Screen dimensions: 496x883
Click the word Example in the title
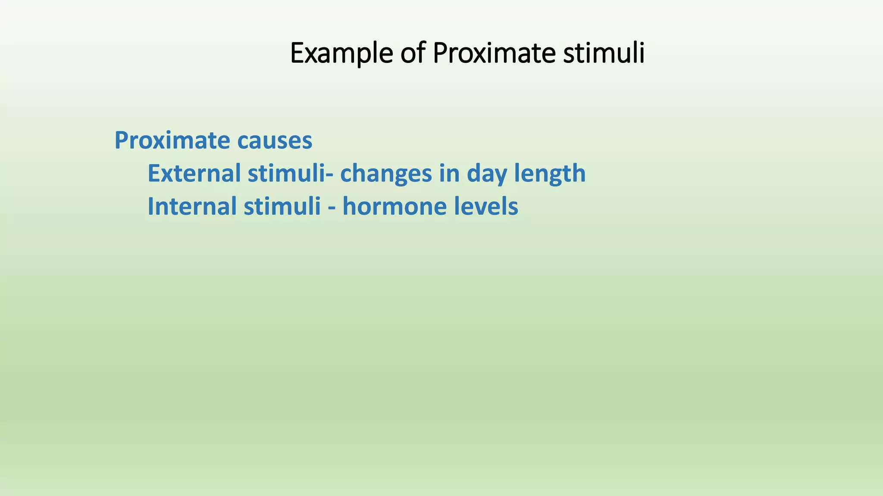point(341,53)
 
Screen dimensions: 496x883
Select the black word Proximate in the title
point(494,53)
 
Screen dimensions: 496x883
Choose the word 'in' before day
point(449,173)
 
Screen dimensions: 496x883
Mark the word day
point(487,174)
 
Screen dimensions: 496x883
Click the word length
point(550,174)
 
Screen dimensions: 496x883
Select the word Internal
point(192,206)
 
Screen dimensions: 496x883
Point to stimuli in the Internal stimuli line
point(282,206)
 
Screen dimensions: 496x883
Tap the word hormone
point(395,206)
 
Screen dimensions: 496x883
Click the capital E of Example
point(297,53)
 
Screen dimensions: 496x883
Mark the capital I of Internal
point(150,206)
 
